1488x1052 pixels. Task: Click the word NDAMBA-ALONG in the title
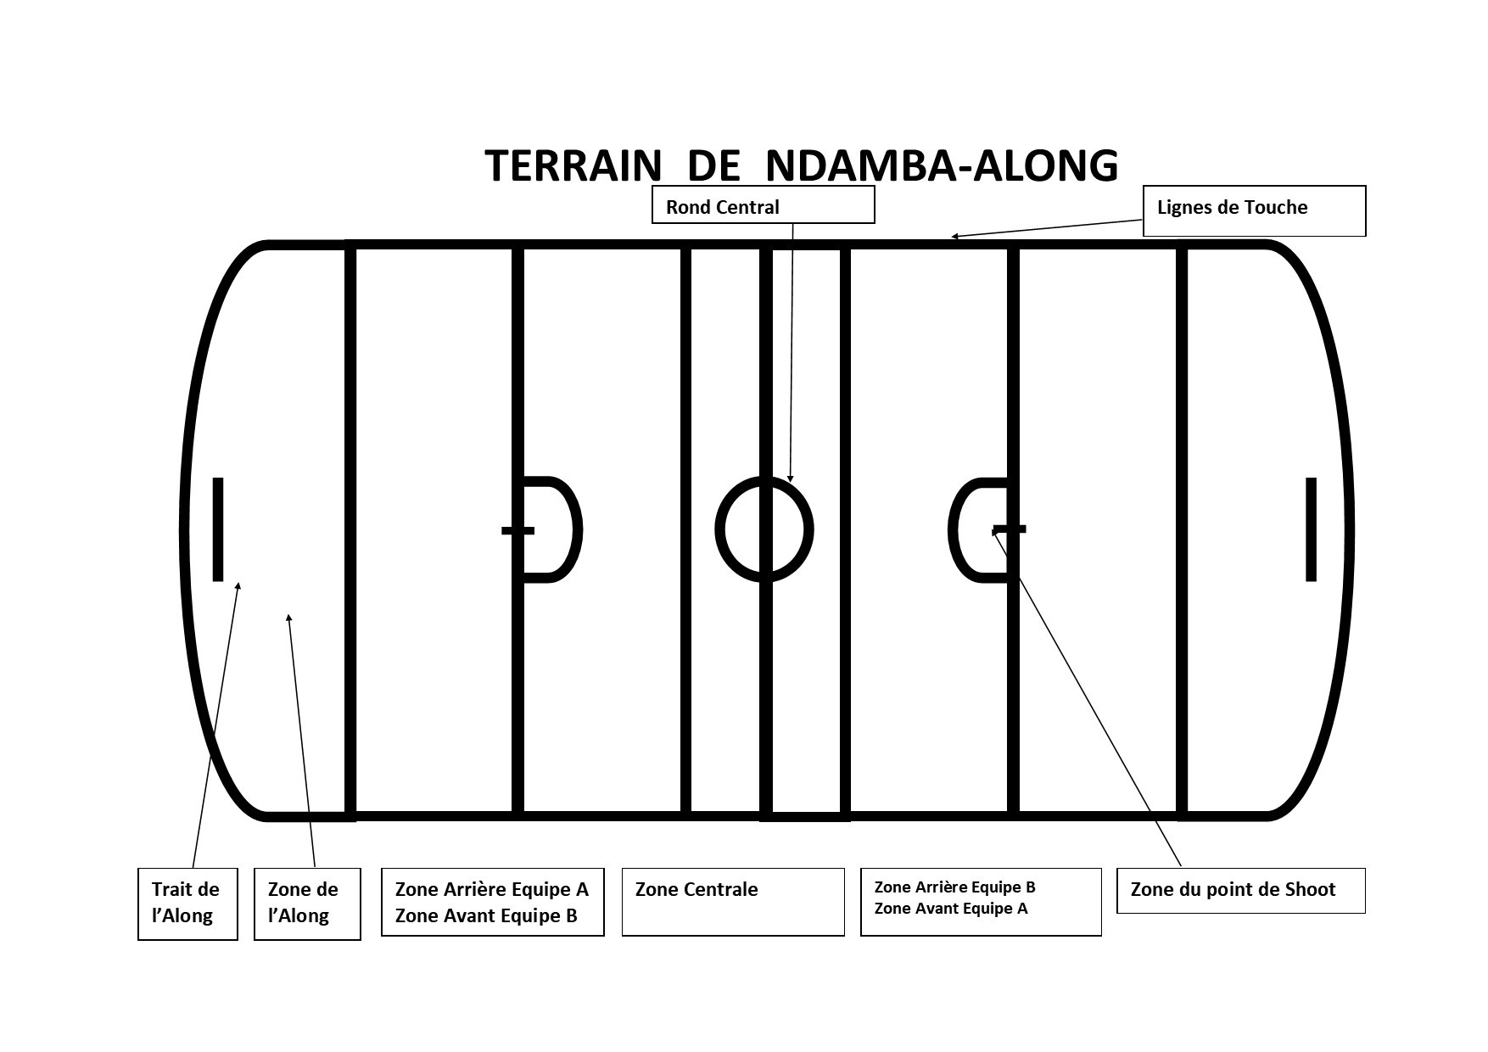point(942,165)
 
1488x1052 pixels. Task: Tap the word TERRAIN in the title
point(573,165)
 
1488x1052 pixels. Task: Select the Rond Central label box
point(763,204)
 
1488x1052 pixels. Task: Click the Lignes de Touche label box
point(1254,210)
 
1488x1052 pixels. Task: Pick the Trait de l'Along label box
point(187,904)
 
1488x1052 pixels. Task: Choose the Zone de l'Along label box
point(307,904)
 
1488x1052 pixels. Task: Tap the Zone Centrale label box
point(733,902)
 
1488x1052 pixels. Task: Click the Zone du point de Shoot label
point(1240,890)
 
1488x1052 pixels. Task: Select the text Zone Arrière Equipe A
point(491,889)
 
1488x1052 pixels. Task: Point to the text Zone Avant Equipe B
point(486,915)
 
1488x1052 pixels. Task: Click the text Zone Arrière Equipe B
point(954,887)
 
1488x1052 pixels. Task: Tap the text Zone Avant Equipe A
point(951,909)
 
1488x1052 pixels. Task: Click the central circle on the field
point(717,529)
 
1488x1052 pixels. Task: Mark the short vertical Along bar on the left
point(218,529)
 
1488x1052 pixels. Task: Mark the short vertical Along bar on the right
point(1311,529)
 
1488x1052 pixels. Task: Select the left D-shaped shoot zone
point(581,529)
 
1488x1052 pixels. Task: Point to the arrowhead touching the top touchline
point(954,237)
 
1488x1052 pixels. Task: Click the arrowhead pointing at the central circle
point(791,478)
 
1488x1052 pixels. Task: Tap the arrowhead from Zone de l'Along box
point(289,618)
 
